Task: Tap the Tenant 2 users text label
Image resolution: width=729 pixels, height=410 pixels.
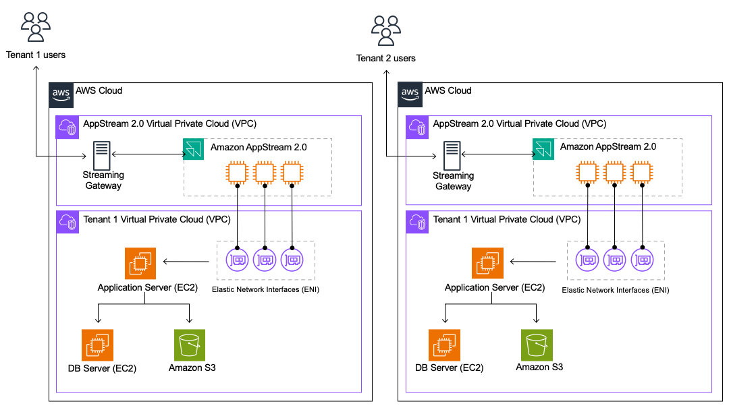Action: [x=386, y=58]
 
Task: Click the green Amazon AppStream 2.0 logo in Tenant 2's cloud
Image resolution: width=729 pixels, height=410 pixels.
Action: [x=543, y=149]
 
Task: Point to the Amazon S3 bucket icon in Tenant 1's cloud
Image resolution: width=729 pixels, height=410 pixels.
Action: [x=190, y=345]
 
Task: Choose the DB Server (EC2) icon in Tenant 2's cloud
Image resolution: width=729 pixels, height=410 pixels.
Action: [x=445, y=345]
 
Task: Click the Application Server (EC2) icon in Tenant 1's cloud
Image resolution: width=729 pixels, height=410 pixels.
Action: [x=140, y=263]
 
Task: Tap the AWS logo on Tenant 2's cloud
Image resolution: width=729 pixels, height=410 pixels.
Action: [x=410, y=94]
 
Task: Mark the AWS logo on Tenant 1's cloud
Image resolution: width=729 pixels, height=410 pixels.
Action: [x=60, y=94]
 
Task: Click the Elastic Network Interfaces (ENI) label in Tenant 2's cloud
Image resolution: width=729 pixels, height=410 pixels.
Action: [x=615, y=290]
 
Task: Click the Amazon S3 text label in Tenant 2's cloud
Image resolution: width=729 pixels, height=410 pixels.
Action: [x=539, y=368]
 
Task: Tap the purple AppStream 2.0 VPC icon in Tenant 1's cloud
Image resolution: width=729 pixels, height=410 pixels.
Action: [x=67, y=127]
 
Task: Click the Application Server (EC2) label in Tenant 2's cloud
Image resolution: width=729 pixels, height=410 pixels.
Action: [x=495, y=288]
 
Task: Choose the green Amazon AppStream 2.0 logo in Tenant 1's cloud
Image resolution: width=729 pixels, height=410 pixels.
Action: [x=194, y=149]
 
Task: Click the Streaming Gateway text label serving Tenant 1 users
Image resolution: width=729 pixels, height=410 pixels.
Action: [x=103, y=181]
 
